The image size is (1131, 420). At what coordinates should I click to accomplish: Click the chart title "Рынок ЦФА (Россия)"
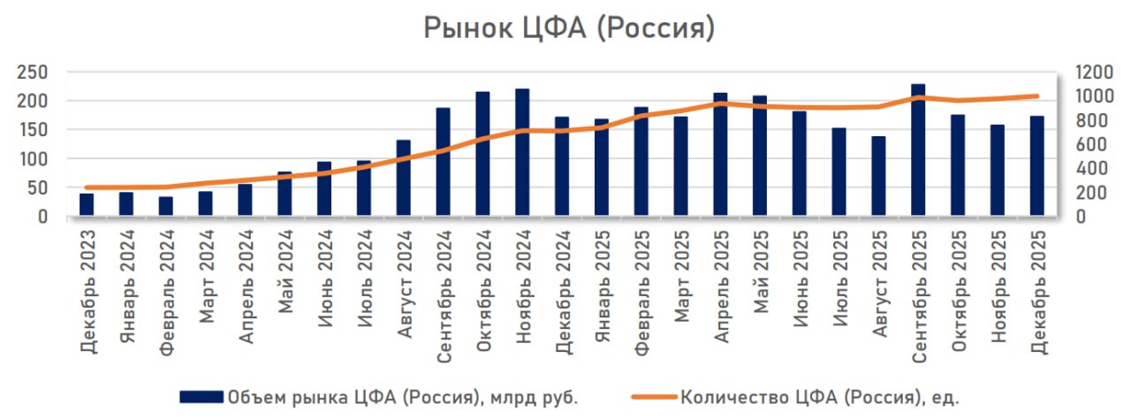point(568,28)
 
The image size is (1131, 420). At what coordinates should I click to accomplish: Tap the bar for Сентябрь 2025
point(918,150)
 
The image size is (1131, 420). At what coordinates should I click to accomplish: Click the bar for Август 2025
point(878,176)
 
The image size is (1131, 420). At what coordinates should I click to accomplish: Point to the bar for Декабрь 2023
point(87,205)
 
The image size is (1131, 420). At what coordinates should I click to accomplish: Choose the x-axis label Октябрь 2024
point(483,291)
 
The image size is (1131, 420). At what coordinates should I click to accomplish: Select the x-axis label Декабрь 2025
point(1037,292)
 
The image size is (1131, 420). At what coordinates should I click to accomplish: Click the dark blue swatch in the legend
point(201,398)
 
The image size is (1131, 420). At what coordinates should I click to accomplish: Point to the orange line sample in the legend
point(654,398)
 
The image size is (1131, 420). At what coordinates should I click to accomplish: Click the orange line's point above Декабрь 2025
point(1036,96)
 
